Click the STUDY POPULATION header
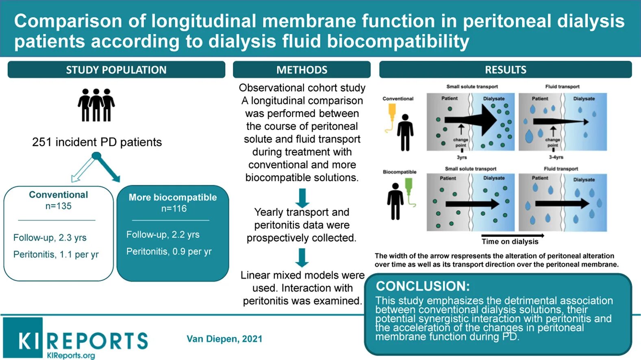pyautogui.click(x=116, y=70)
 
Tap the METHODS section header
pyautogui.click(x=302, y=70)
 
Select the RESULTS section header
pyautogui.click(x=505, y=70)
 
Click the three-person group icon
pyautogui.click(x=96, y=105)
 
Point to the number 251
pyautogui.click(x=42, y=142)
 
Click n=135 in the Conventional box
pyautogui.click(x=59, y=206)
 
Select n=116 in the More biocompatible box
pyautogui.click(x=174, y=209)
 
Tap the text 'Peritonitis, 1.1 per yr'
pyautogui.click(x=56, y=254)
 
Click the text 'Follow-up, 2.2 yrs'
pyautogui.click(x=163, y=234)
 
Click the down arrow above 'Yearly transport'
pyautogui.click(x=302, y=197)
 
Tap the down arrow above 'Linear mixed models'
pyautogui.click(x=302, y=257)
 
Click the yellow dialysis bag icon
pyautogui.click(x=391, y=113)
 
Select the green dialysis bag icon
pyautogui.click(x=409, y=189)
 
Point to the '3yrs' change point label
pyautogui.click(x=462, y=157)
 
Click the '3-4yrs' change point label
pyautogui.click(x=556, y=157)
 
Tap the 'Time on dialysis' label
pyautogui.click(x=510, y=241)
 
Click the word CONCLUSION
pyautogui.click(x=423, y=286)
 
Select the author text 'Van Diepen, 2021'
pyautogui.click(x=224, y=339)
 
